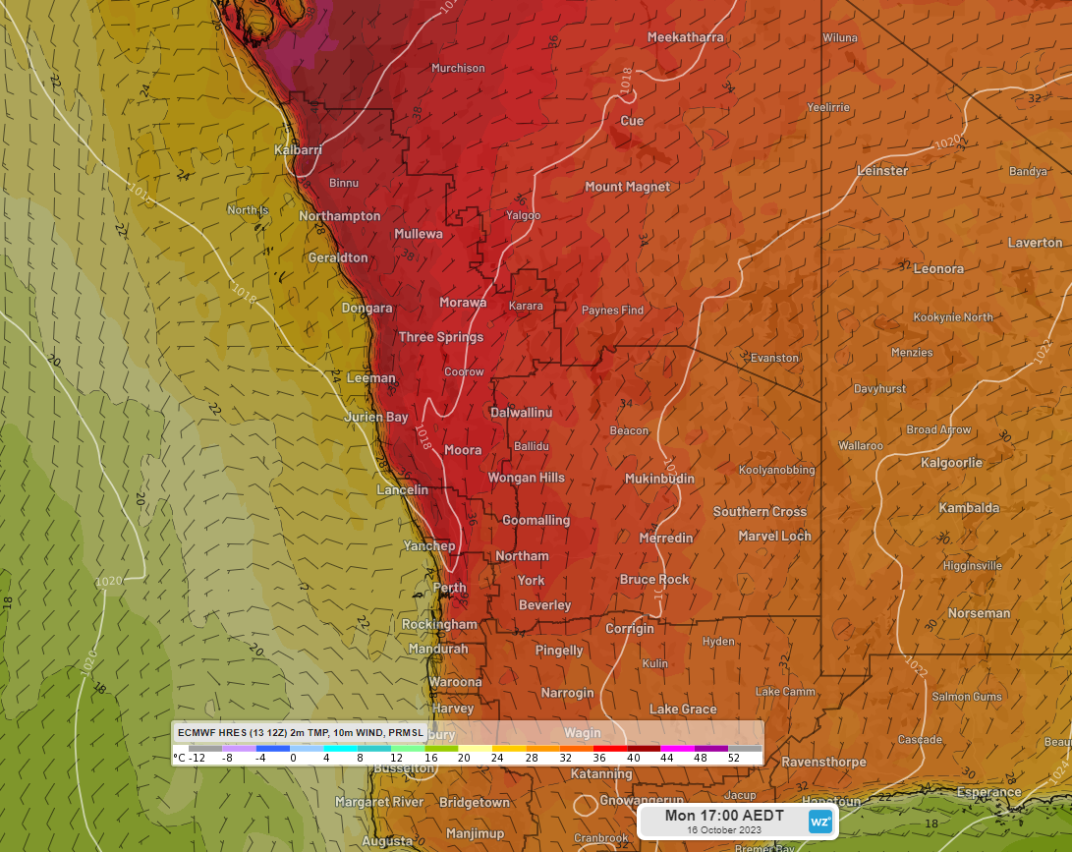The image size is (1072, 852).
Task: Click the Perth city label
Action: click(450, 588)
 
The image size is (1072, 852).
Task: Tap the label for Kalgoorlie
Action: click(951, 462)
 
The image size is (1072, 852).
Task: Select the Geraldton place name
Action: click(338, 257)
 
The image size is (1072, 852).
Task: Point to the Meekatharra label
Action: click(685, 37)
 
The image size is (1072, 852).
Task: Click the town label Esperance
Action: click(989, 792)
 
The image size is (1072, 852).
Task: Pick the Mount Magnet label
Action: click(627, 187)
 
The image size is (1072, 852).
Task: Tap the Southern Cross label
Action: click(760, 511)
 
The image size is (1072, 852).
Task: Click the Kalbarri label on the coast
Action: click(298, 149)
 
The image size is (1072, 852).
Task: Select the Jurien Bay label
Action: click(375, 417)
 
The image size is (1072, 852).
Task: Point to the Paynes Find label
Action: click(612, 310)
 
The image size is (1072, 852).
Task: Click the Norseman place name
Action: click(979, 613)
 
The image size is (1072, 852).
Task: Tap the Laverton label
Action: click(1035, 242)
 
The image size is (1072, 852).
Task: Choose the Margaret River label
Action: click(379, 802)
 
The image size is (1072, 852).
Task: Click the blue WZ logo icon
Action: click(819, 821)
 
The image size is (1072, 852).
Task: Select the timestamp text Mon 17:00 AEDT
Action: click(724, 816)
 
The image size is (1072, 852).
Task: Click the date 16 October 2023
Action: click(724, 830)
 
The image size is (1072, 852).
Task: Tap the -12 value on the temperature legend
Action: click(197, 758)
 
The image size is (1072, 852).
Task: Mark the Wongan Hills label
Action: click(527, 478)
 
